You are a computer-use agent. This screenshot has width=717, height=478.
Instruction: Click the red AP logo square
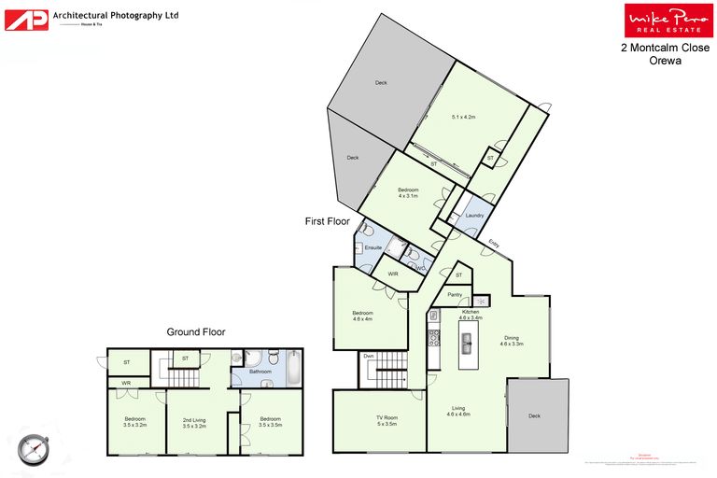pos(26,20)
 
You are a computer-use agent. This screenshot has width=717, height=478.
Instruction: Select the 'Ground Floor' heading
pos(195,331)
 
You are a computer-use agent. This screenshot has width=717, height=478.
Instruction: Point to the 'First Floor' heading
pos(327,221)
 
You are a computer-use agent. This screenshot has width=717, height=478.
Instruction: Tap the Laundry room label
pos(473,216)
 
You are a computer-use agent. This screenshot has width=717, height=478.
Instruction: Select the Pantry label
pos(455,295)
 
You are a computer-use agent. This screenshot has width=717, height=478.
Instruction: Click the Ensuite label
pos(373,247)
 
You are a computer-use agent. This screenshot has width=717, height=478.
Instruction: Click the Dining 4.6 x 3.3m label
pos(511,341)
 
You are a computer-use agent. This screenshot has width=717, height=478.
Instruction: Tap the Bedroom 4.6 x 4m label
pos(362,315)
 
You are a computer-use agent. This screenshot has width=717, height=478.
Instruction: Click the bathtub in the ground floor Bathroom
pos(294,368)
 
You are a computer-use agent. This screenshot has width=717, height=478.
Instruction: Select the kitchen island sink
pos(466,344)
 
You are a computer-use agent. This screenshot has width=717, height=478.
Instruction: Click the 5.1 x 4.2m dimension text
pos(464,117)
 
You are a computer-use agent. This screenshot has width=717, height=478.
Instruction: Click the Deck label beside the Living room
pos(534,416)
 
